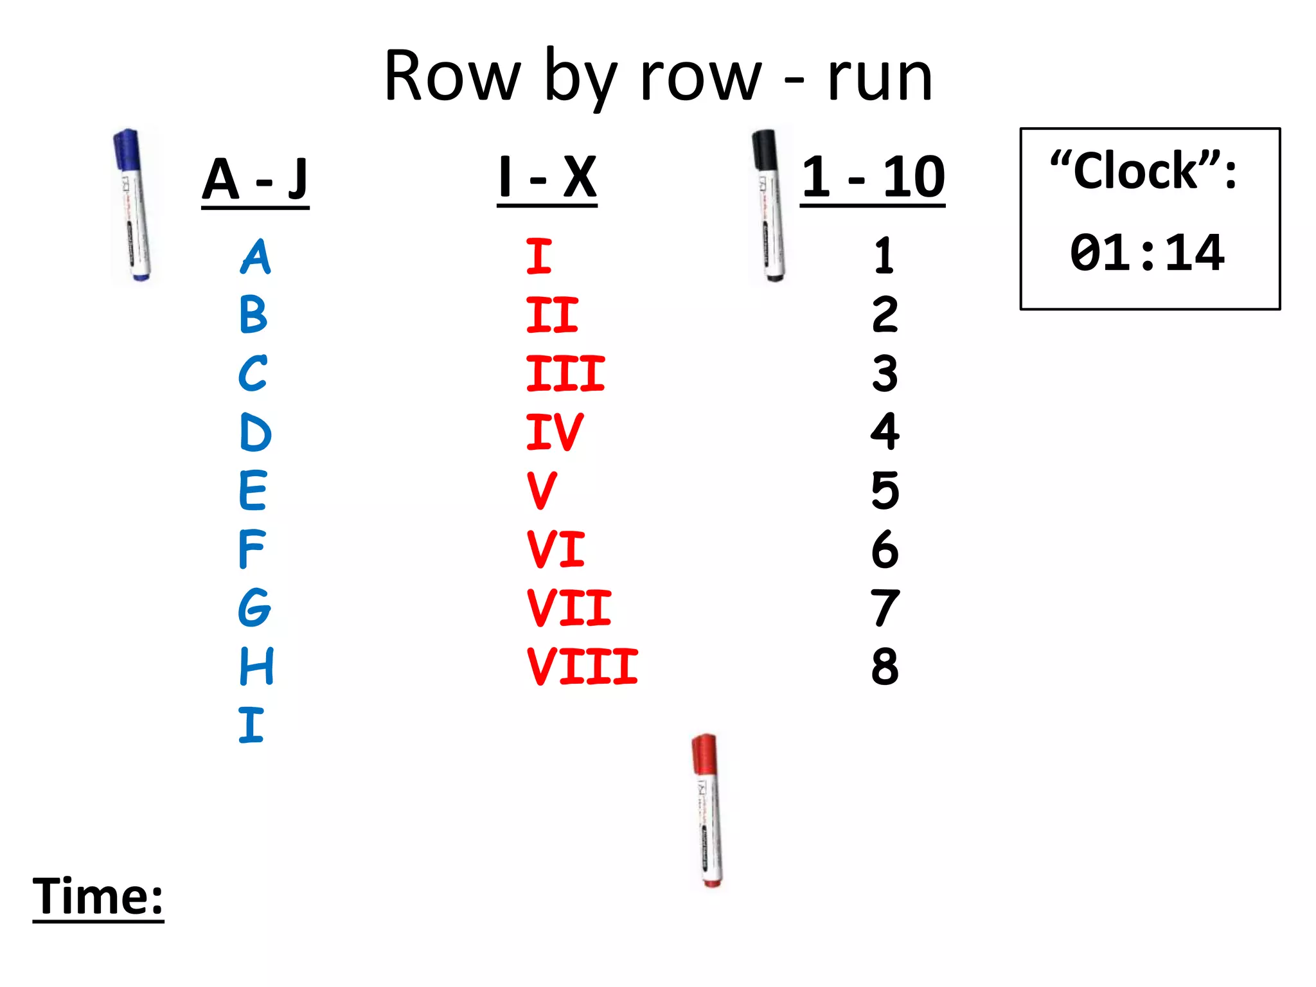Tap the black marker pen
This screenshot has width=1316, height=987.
[769, 206]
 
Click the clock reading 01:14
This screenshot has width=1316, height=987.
[1147, 253]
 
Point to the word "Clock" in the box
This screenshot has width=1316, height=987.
[1136, 172]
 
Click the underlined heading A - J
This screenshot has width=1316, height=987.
[255, 180]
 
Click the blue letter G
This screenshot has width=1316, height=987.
[254, 608]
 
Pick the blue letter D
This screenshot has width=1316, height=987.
[255, 432]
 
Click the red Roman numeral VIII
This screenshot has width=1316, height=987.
[582, 666]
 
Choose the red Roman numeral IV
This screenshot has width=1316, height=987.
[554, 432]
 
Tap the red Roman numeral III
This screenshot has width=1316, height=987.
[565, 373]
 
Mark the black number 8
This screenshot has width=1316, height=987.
[885, 666]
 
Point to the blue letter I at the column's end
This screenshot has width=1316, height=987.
[251, 725]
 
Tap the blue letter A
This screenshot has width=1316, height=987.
[256, 257]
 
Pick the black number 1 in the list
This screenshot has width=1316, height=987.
[884, 256]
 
